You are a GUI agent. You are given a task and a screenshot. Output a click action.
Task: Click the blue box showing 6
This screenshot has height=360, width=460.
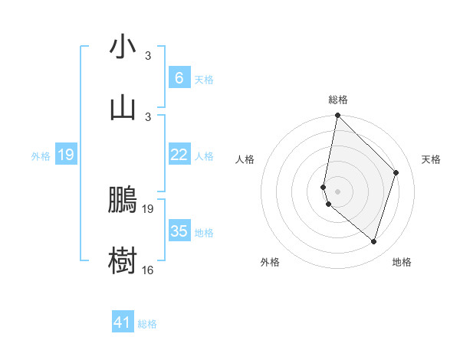pyautogui.click(x=179, y=78)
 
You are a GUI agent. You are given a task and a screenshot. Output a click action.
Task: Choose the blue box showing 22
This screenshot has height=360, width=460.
pyautogui.click(x=179, y=155)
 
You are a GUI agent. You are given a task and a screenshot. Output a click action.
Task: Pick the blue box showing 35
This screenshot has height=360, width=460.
pyautogui.click(x=179, y=231)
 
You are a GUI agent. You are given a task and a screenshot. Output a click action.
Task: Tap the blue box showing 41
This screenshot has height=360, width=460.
pyautogui.click(x=123, y=322)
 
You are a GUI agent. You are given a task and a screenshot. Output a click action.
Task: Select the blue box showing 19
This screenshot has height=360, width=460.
pyautogui.click(x=66, y=155)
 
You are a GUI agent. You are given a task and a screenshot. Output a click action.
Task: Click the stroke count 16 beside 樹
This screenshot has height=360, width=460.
pyautogui.click(x=148, y=270)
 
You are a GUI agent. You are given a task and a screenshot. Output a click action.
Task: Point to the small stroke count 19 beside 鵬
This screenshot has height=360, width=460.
pyautogui.click(x=148, y=208)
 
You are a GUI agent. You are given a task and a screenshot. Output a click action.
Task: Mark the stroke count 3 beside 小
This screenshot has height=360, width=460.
pyautogui.click(x=148, y=56)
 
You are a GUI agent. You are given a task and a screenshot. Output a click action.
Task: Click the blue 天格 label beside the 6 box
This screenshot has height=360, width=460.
pyautogui.click(x=204, y=79)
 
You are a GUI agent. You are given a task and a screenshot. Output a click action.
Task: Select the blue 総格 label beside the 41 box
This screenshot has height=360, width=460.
pyautogui.click(x=147, y=324)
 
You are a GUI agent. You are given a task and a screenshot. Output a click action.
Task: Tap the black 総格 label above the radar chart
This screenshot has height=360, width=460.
pyautogui.click(x=338, y=100)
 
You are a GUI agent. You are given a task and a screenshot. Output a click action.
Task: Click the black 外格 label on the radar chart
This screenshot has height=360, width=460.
pyautogui.click(x=270, y=262)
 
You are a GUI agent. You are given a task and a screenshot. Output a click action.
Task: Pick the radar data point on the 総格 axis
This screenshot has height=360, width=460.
pyautogui.click(x=337, y=116)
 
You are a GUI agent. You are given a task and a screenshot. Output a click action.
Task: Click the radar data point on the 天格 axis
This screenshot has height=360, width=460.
pyautogui.click(x=396, y=172)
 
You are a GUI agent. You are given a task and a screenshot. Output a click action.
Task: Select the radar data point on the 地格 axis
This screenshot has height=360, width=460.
pyautogui.click(x=373, y=242)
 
